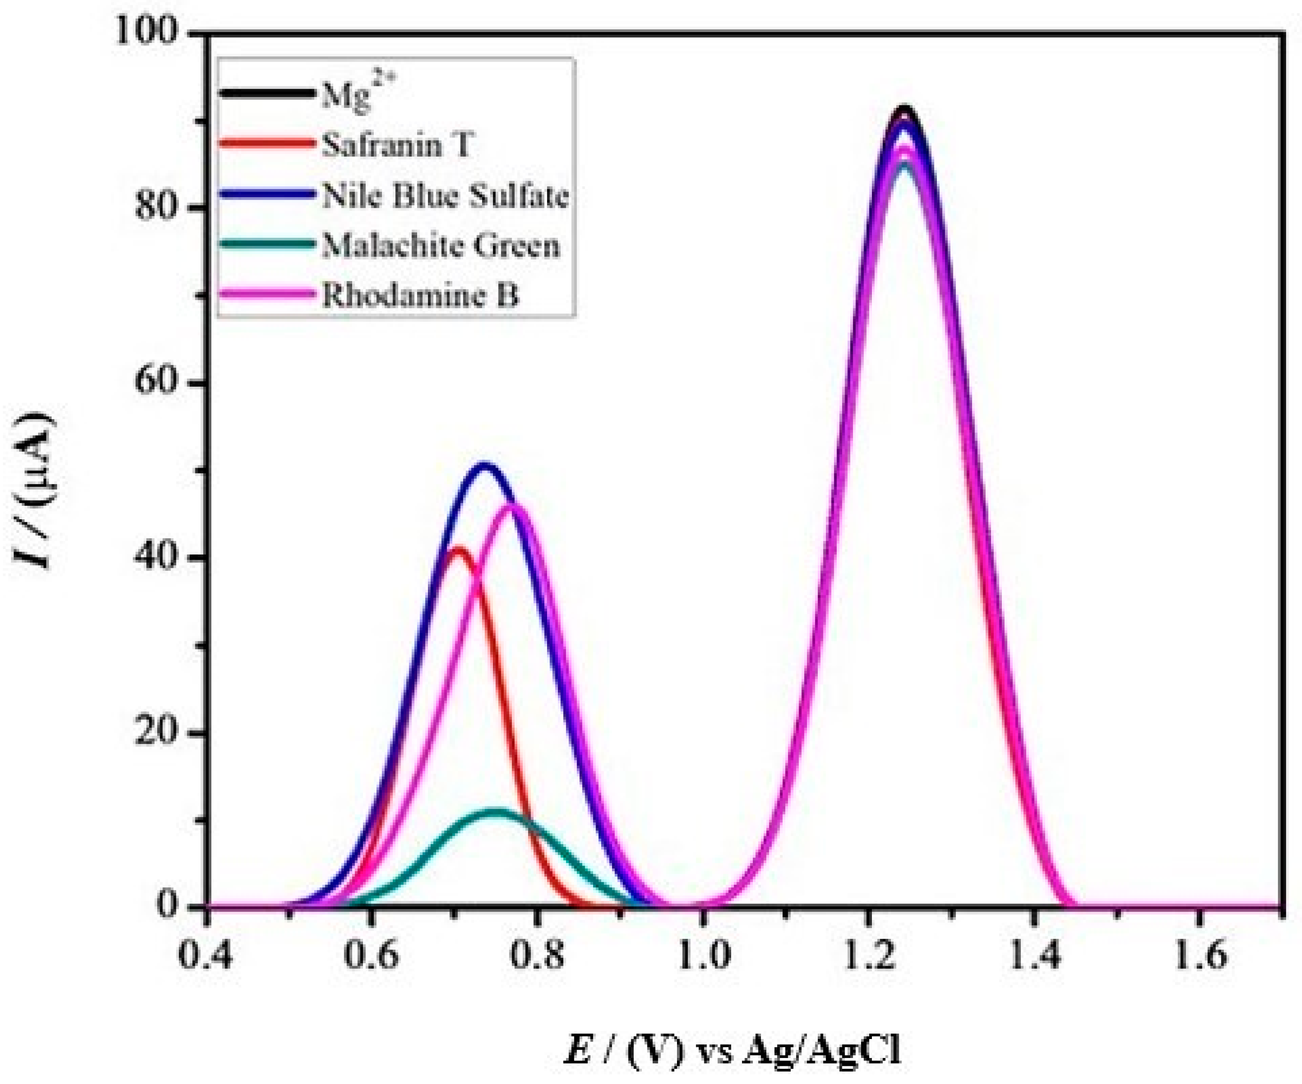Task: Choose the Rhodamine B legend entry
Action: (420, 296)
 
